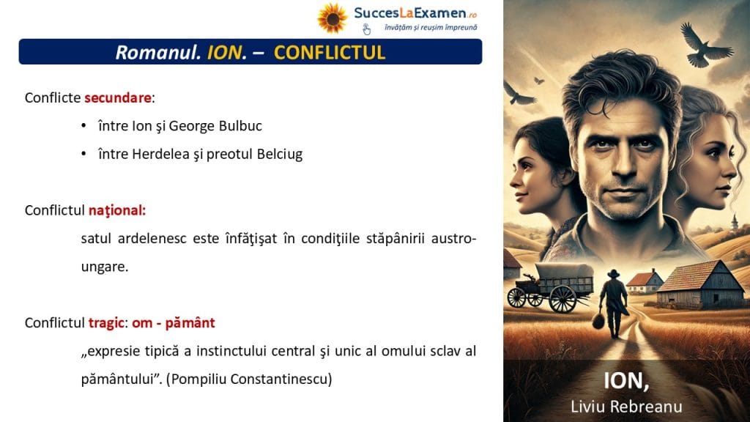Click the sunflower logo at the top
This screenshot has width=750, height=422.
pyautogui.click(x=333, y=18)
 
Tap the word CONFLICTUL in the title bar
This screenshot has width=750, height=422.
pyautogui.click(x=330, y=53)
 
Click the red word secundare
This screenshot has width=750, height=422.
pyautogui.click(x=118, y=97)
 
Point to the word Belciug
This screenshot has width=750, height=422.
pyautogui.click(x=280, y=154)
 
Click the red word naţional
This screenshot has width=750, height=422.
pyautogui.click(x=117, y=210)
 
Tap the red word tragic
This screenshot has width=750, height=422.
pyautogui.click(x=107, y=323)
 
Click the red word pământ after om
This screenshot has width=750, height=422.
pyautogui.click(x=190, y=323)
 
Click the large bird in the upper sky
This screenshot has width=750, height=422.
pyautogui.click(x=705, y=45)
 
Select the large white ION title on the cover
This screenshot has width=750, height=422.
pyautogui.click(x=626, y=381)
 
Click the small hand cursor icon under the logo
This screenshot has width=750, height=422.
pyautogui.click(x=366, y=29)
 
